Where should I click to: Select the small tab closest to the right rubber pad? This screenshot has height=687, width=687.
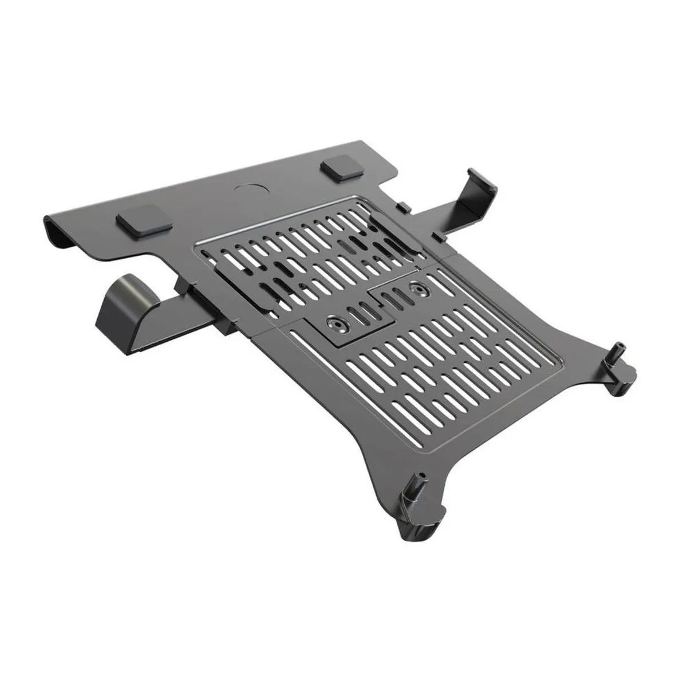coord(403,205)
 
